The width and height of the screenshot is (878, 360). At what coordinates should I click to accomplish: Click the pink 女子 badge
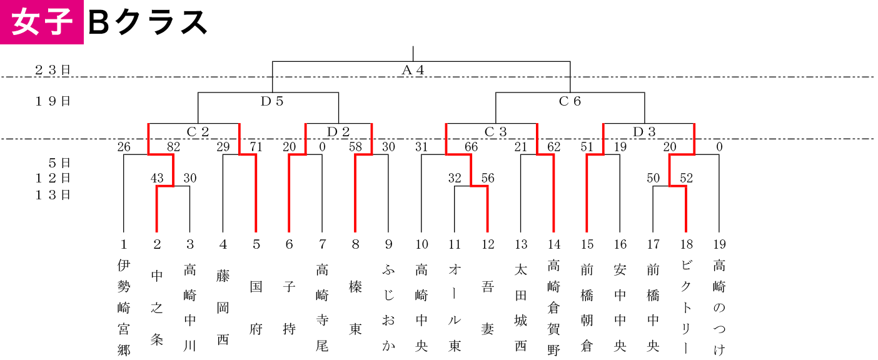41,22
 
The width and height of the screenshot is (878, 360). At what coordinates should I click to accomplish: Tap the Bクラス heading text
148,22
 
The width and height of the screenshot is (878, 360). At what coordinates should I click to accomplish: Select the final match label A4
413,70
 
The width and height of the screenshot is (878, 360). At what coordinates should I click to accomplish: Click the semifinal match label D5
271,101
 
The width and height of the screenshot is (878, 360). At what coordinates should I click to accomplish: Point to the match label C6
570,101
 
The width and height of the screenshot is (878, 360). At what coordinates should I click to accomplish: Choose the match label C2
198,132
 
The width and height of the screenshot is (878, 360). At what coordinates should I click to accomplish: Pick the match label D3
644,132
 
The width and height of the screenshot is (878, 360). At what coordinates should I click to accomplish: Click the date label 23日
53,70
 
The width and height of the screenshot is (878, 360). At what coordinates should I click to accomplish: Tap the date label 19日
53,101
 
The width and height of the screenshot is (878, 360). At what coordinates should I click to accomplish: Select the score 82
173,147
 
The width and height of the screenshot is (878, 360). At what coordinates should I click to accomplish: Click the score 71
256,147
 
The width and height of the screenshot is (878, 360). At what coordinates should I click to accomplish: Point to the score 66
471,147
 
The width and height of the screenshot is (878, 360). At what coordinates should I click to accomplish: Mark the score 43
157,178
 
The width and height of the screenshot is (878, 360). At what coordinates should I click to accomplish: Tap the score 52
687,178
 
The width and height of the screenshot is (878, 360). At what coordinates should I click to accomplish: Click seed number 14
554,244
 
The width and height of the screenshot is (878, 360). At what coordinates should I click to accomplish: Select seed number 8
355,244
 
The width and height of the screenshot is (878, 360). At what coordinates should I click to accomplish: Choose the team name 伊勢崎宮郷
123,308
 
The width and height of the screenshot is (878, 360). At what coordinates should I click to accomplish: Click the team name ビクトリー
686,308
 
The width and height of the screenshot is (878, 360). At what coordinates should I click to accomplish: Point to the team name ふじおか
388,308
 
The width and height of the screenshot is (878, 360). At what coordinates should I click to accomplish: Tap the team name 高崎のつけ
719,308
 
